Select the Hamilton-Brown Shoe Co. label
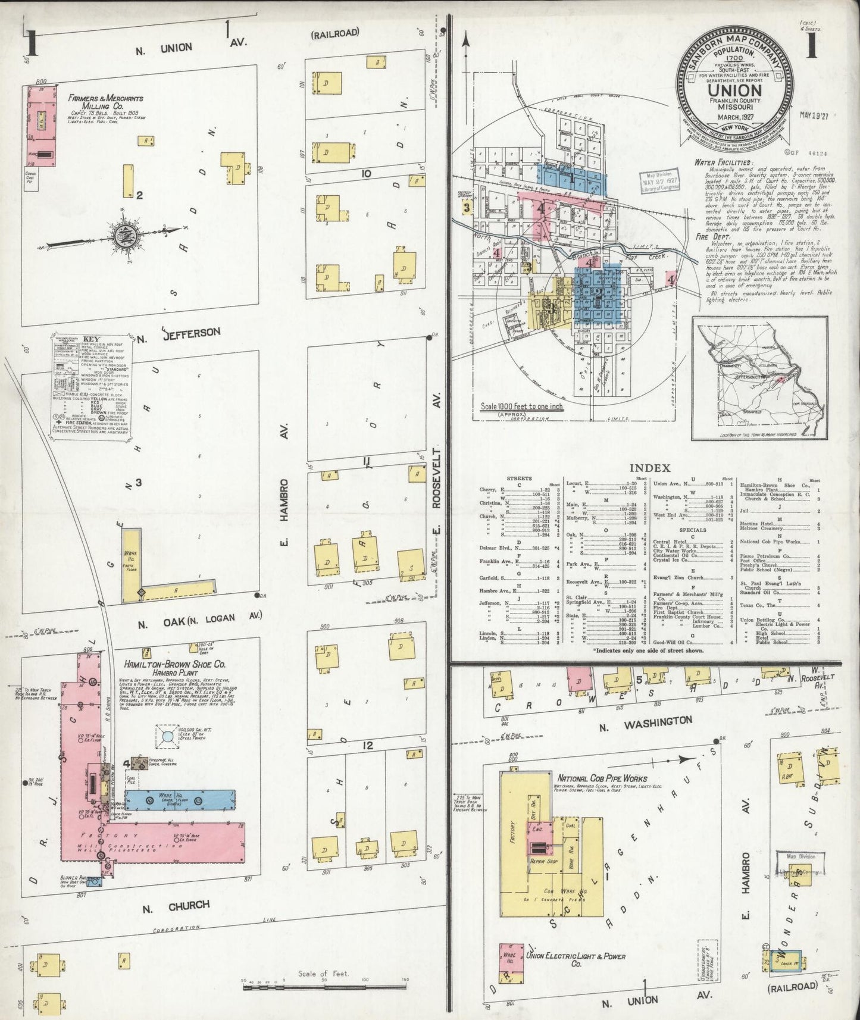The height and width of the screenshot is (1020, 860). point(166,664)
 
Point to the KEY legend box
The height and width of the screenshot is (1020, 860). point(89,389)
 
